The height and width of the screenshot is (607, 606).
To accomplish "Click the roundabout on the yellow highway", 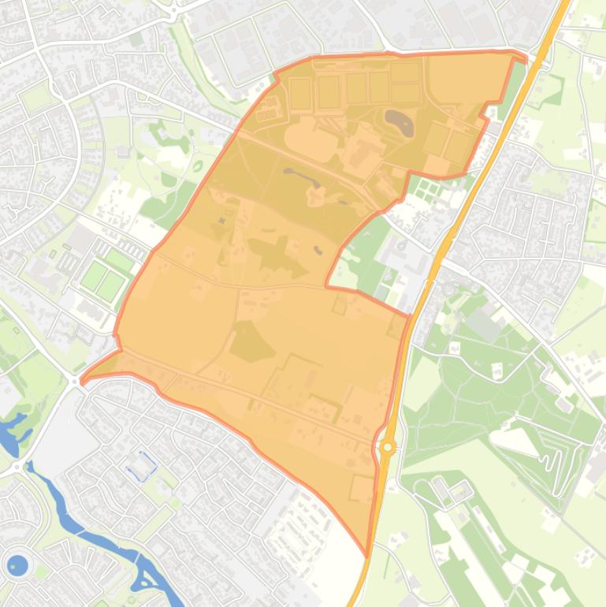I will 387,447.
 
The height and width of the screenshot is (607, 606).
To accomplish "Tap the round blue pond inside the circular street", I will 17,564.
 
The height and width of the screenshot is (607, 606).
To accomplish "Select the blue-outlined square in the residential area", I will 142,466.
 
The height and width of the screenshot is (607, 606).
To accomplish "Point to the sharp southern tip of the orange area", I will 367,554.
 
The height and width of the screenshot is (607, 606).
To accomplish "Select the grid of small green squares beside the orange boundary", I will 430,188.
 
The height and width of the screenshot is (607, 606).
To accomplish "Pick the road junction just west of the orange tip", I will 75,381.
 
